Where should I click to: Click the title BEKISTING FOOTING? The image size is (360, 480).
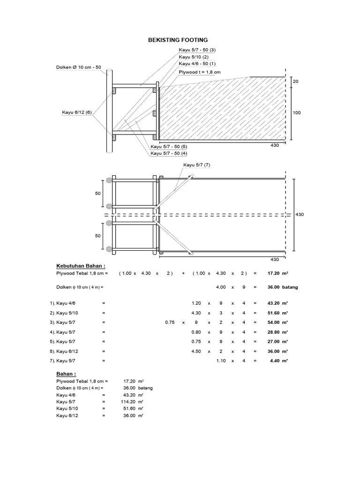[x=178, y=41]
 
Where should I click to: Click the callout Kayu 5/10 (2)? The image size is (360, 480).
[x=193, y=57]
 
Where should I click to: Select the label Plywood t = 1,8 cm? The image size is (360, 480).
[x=199, y=72]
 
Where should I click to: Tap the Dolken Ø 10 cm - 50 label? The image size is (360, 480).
[x=79, y=68]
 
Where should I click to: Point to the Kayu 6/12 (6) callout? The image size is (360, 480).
[x=77, y=112]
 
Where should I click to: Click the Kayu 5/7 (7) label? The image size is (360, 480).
[x=197, y=165]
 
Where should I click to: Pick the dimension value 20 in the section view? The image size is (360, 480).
[x=295, y=82]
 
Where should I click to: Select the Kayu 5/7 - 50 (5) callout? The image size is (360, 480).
[x=169, y=147]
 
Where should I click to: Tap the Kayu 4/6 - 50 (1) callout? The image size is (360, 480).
[x=197, y=63]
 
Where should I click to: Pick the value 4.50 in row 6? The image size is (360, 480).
[x=196, y=351]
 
